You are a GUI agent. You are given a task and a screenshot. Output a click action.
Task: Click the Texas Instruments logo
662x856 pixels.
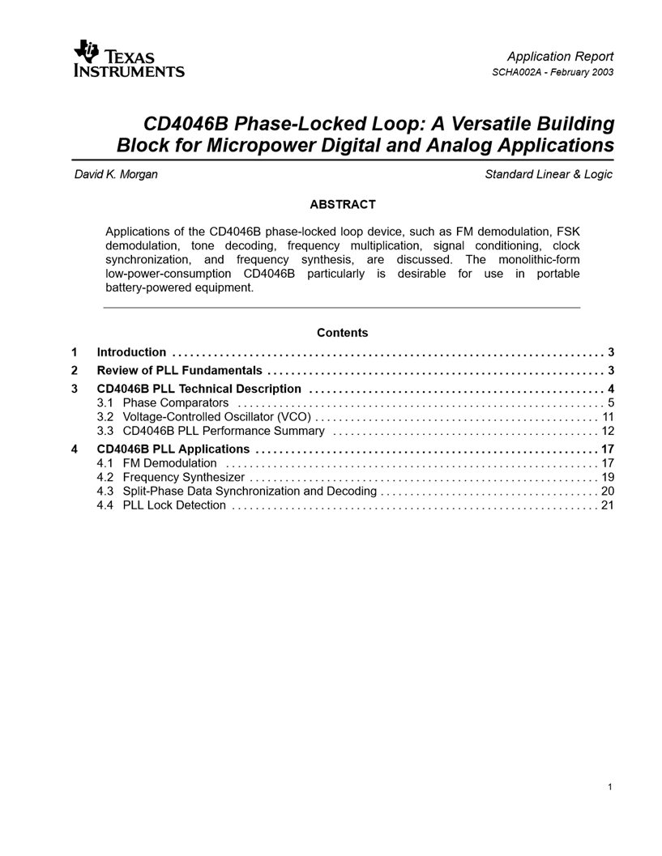129,60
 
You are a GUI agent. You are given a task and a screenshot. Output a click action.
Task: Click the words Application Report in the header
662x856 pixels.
560,56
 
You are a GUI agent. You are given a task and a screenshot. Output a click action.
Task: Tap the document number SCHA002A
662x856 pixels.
519,72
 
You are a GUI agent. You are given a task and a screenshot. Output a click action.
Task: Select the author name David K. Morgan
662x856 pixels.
116,174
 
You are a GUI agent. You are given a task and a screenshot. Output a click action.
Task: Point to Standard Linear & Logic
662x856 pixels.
549,174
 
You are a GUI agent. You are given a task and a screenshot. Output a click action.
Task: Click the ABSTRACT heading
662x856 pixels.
342,205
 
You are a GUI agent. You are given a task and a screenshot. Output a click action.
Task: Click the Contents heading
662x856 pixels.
342,333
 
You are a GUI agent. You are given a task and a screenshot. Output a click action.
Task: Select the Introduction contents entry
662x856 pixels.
131,352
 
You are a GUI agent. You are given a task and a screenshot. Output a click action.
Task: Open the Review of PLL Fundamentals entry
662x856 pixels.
179,371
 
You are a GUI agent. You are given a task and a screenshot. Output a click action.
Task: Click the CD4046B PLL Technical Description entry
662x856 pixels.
199,390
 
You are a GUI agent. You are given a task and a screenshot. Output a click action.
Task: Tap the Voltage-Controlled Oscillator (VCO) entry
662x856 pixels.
216,416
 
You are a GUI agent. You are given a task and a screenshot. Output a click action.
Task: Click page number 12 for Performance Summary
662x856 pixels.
608,431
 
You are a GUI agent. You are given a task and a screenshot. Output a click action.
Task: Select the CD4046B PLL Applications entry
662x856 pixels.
173,449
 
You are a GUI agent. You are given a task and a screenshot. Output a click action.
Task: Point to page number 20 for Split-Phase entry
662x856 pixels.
608,491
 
